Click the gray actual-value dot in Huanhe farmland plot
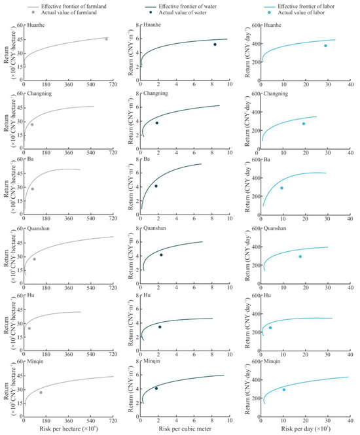[107, 39]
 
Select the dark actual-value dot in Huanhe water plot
[215, 44]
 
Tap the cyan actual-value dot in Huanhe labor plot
[325, 46]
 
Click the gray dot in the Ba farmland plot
[32, 189]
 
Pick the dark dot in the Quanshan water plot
[161, 254]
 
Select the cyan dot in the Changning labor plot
[304, 124]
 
